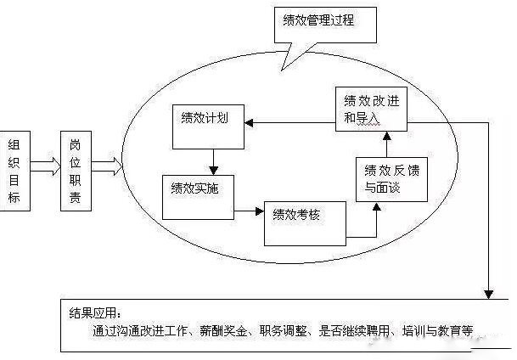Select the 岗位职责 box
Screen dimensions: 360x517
coord(75,171)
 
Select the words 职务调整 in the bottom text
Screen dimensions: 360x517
coord(291,330)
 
